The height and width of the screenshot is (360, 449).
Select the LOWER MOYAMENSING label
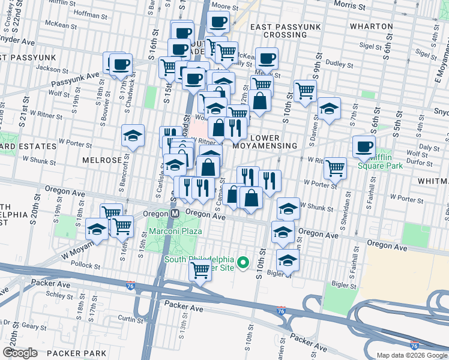coord(273,142)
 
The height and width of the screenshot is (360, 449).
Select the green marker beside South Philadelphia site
coord(243,263)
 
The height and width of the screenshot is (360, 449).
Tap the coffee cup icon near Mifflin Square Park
coord(364,146)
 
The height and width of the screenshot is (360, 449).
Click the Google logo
coord(20,353)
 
